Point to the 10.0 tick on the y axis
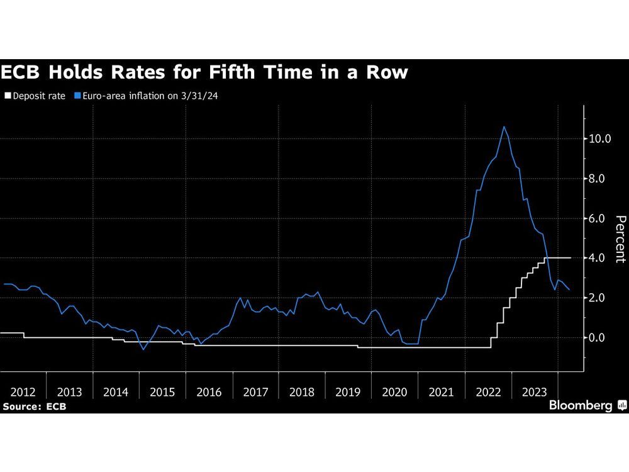[600, 138]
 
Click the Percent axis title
[620, 239]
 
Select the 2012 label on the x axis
[23, 392]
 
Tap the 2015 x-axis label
[162, 392]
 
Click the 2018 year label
[302, 392]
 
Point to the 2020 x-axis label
[395, 392]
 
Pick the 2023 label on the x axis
[534, 392]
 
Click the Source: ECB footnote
[34, 407]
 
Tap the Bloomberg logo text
[581, 406]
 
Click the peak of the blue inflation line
[504, 126]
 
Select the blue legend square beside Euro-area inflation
[78, 96]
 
